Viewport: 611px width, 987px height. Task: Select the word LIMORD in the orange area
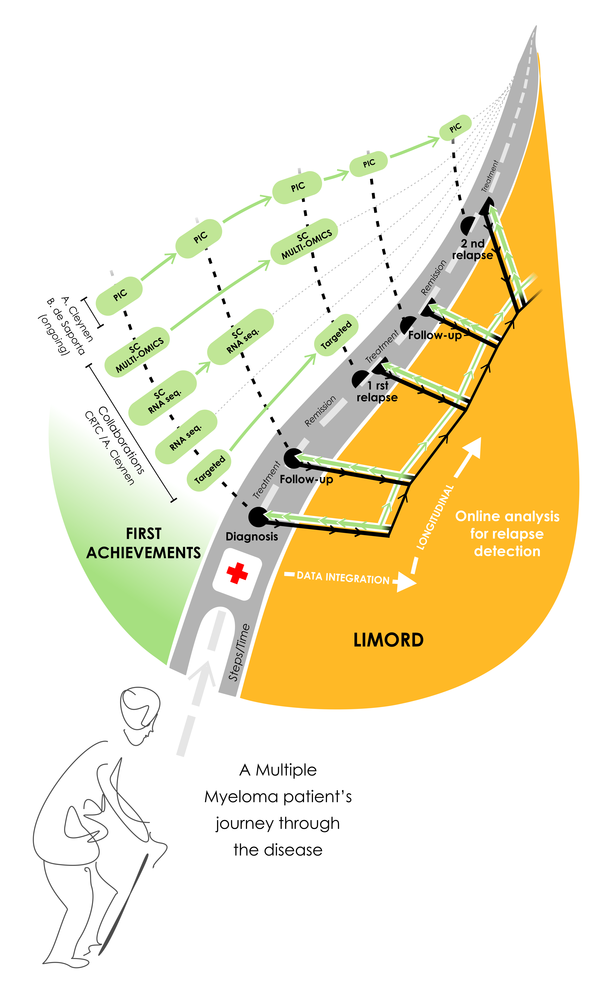click(388, 640)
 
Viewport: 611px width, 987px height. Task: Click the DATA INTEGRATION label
click(343, 578)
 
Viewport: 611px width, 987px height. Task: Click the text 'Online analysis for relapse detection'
click(507, 534)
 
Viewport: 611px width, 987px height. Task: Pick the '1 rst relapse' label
click(377, 391)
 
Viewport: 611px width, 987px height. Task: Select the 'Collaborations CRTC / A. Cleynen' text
click(115, 445)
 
